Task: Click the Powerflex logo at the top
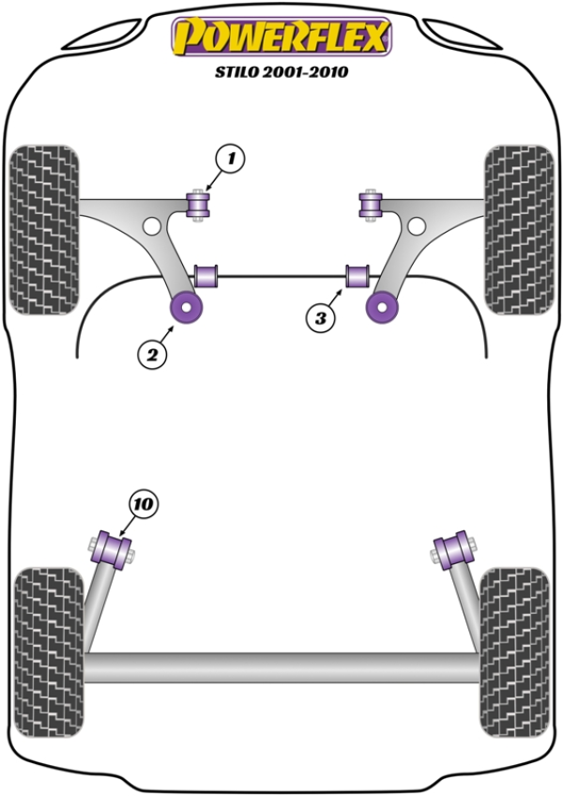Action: click(x=280, y=38)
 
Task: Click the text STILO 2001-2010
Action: click(x=281, y=71)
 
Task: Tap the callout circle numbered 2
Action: click(x=151, y=354)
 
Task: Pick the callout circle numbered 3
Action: click(x=320, y=318)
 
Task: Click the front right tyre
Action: click(x=519, y=226)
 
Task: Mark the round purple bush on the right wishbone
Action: click(x=381, y=306)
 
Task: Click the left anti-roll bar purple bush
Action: click(x=208, y=277)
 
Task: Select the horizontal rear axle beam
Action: click(x=281, y=666)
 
